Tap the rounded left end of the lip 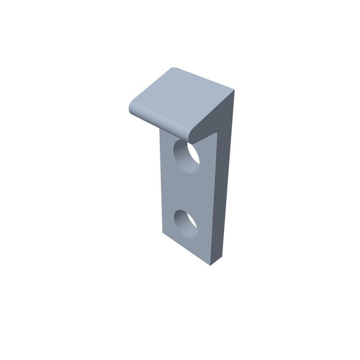(131, 107)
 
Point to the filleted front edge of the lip (162, 123)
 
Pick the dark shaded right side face (226, 180)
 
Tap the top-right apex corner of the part (235, 90)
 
